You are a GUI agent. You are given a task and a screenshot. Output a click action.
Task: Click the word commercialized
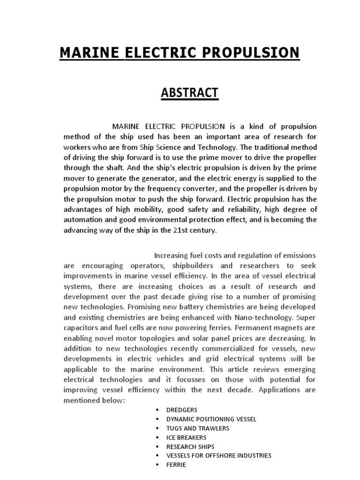click(233, 348)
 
